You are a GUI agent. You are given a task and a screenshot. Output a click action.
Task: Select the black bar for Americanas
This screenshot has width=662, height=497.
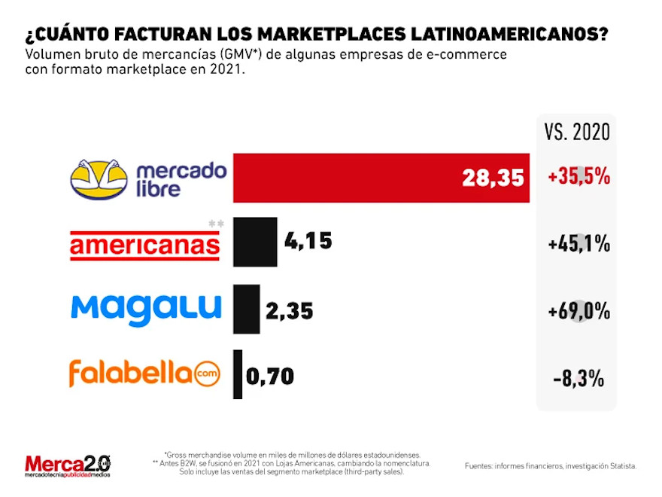pos(255,242)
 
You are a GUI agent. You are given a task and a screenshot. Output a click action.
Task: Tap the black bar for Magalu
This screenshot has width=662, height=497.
pos(246,309)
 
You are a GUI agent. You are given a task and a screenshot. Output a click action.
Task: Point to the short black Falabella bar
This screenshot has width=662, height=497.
pos(238,374)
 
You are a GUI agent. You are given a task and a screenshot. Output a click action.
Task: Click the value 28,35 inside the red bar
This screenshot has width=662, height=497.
pos(493,178)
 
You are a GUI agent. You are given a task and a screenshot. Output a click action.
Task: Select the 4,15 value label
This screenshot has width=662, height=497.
pos(308,242)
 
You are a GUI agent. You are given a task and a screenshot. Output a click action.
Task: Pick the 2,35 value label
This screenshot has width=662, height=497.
pos(290,310)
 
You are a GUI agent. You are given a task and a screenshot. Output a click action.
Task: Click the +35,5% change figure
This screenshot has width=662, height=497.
pos(578,178)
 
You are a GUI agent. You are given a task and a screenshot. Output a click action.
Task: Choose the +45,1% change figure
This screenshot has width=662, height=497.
pos(578,245)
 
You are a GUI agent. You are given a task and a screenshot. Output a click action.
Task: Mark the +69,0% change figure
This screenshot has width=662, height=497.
pos(578,310)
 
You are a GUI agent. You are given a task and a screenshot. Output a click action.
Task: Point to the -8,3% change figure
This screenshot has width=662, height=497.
pos(578,378)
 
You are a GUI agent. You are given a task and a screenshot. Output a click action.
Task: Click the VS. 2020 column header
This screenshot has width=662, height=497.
pos(577,132)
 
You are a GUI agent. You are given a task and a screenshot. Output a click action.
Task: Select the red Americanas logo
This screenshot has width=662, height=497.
pos(144,245)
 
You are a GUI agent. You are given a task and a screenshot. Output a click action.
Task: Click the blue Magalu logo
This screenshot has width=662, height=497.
pos(146,308)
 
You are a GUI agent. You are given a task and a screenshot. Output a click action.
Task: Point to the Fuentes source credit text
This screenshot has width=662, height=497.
pos(550,466)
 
